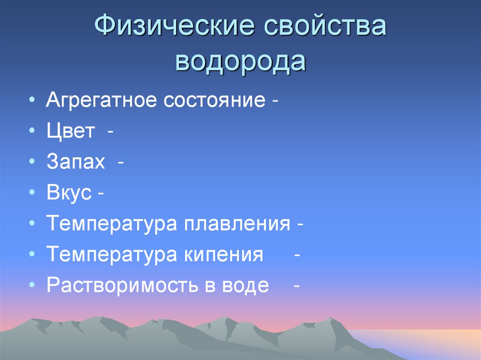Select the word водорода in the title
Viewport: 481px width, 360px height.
click(240, 61)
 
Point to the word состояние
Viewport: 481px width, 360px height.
click(215, 101)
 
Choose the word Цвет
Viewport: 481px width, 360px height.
click(70, 131)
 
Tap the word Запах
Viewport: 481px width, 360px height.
click(76, 162)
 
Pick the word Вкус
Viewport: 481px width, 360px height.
click(69, 193)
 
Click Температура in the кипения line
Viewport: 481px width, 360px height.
click(111, 255)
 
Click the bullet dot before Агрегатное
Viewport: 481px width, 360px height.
click(31, 101)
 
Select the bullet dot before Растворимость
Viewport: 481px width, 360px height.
click(31, 286)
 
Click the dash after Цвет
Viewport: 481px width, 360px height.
click(109, 132)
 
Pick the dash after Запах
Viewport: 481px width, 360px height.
click(121, 163)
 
